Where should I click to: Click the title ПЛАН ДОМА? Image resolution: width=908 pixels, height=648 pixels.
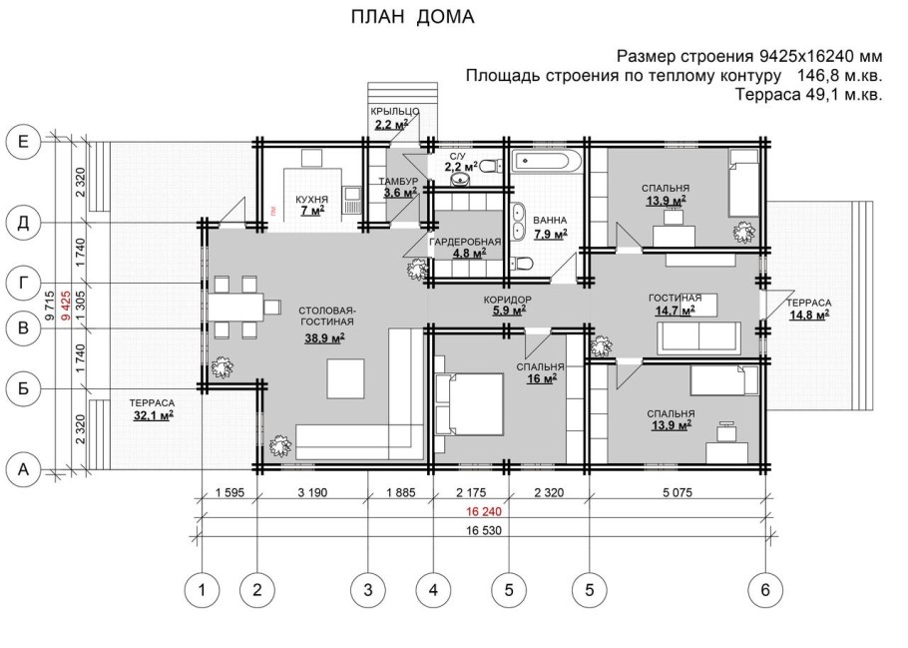coord(412,17)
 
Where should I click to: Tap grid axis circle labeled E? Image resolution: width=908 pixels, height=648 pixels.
coord(24,143)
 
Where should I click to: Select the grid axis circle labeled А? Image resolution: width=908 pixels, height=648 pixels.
coord(24,467)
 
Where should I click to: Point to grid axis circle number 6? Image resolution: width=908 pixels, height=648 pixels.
coord(764,590)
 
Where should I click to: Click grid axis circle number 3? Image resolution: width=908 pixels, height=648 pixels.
coord(367,590)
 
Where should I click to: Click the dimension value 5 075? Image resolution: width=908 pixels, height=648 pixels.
coord(676,491)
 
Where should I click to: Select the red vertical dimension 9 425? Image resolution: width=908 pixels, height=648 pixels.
coord(62,303)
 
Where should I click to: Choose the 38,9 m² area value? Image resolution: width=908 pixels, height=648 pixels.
coord(324,338)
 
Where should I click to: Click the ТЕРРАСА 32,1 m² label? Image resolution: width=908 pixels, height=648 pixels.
coord(152,408)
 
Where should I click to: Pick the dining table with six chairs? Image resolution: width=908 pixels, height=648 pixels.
coord(236,305)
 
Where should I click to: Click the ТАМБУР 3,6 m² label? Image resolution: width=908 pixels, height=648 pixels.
coord(397,187)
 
